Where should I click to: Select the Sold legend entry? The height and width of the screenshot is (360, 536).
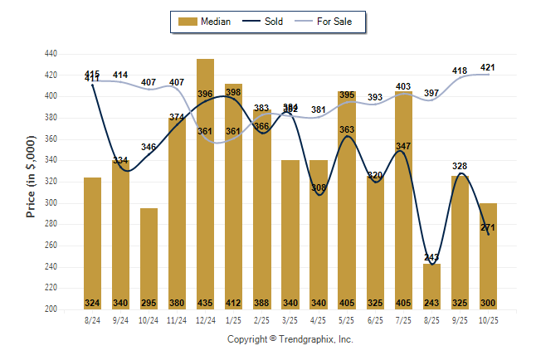(x=266, y=22)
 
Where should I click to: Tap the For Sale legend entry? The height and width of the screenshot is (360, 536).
(x=328, y=22)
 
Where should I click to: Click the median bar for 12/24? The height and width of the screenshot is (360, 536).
(x=206, y=182)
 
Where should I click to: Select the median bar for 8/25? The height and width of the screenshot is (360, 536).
(x=432, y=286)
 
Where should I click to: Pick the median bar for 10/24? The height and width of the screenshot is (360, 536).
(x=149, y=257)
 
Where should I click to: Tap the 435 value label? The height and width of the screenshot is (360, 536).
(x=206, y=303)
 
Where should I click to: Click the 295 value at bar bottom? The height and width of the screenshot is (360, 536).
(x=149, y=303)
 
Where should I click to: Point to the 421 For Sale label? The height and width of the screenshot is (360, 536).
(x=488, y=67)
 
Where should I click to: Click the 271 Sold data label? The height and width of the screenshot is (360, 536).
(x=488, y=226)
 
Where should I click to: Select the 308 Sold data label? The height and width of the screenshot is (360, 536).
(x=319, y=187)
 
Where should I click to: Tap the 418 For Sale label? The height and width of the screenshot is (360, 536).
(x=460, y=71)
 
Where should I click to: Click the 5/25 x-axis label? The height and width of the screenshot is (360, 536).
(x=347, y=319)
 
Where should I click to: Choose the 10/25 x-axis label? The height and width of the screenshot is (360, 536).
(x=488, y=319)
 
